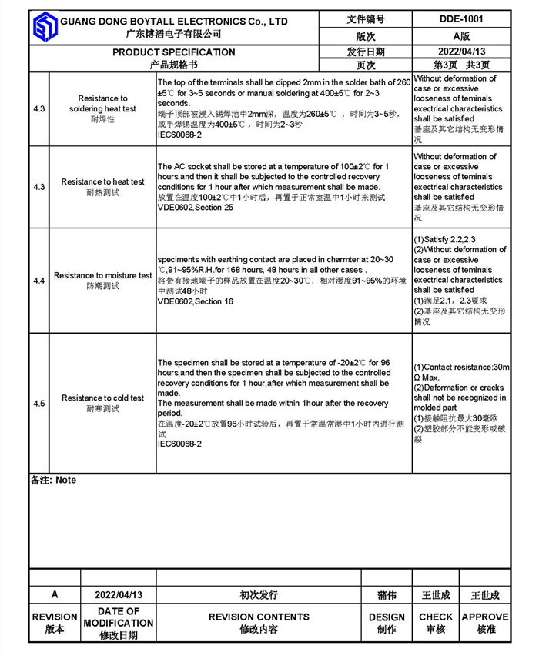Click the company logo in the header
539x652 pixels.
point(45,28)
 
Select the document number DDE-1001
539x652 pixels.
point(460,19)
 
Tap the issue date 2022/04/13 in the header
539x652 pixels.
point(460,52)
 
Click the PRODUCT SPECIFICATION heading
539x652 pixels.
point(174,52)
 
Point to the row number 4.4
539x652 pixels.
point(39,281)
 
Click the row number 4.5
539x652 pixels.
point(39,404)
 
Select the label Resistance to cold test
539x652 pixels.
point(102,398)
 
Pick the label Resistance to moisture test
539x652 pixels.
point(103,275)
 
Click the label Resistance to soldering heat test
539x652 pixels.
point(102,104)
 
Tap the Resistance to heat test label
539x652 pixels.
point(102,182)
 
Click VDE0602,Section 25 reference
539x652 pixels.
point(196,208)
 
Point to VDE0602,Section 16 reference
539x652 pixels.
point(196,301)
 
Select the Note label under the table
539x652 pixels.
point(54,480)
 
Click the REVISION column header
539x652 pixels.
point(55,617)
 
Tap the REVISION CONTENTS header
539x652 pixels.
point(259,617)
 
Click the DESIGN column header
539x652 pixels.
point(387,617)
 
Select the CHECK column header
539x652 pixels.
point(436,617)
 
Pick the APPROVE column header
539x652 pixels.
point(485,617)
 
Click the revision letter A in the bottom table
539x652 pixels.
point(55,595)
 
